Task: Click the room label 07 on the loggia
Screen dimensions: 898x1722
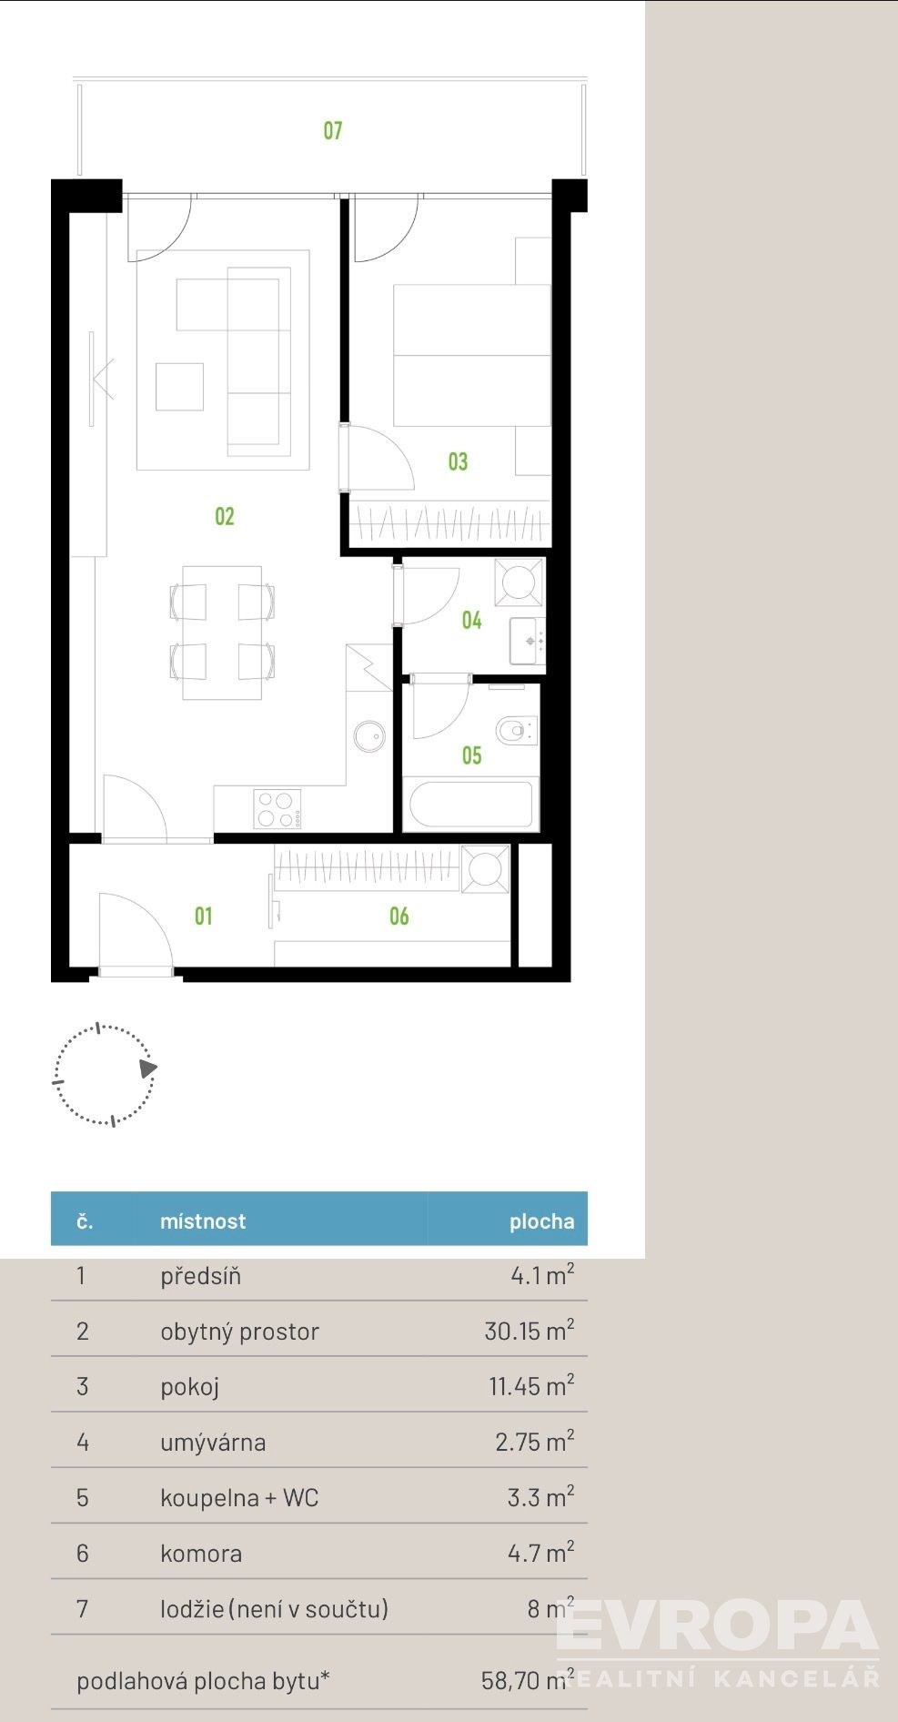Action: point(333,131)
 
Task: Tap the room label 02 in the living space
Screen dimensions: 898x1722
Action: point(225,517)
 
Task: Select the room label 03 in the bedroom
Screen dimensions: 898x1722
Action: point(458,461)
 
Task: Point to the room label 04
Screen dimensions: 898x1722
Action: point(471,621)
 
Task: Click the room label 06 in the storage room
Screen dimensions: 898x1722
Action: point(399,917)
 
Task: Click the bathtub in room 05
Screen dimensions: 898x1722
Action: point(470,805)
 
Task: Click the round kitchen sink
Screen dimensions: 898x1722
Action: point(369,736)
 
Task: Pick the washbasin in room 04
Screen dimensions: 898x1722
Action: point(527,641)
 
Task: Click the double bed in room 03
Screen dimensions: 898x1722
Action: point(472,355)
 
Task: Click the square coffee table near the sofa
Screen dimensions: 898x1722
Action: point(179,386)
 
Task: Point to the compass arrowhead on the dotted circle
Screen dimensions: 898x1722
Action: point(148,1069)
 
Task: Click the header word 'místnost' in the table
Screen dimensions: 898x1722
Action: point(203,1221)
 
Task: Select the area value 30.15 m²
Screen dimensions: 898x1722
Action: point(529,1331)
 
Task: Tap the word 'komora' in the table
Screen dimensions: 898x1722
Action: point(201,1553)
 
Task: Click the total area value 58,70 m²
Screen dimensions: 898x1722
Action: point(528,1680)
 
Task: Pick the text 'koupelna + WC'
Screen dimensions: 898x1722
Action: point(239,1497)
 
